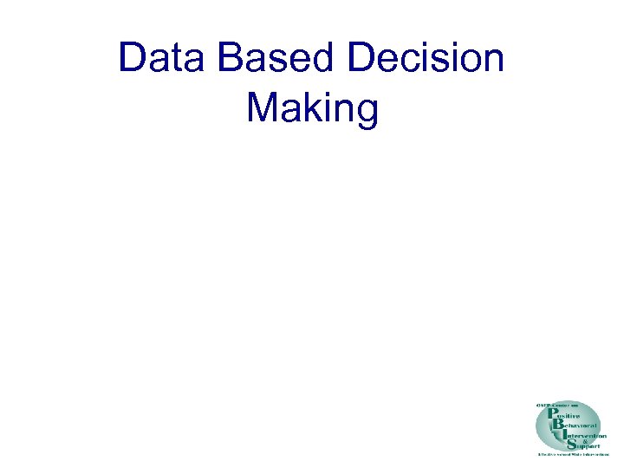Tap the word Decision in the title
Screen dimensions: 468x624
(x=426, y=58)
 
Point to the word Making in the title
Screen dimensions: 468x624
(x=313, y=110)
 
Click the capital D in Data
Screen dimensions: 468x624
(x=133, y=58)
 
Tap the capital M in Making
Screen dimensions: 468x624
(x=263, y=108)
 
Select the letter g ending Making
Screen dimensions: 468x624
(x=367, y=113)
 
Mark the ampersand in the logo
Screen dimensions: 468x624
(x=586, y=441)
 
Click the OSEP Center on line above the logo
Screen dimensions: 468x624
(x=557, y=405)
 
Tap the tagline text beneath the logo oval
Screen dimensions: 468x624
(x=574, y=454)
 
